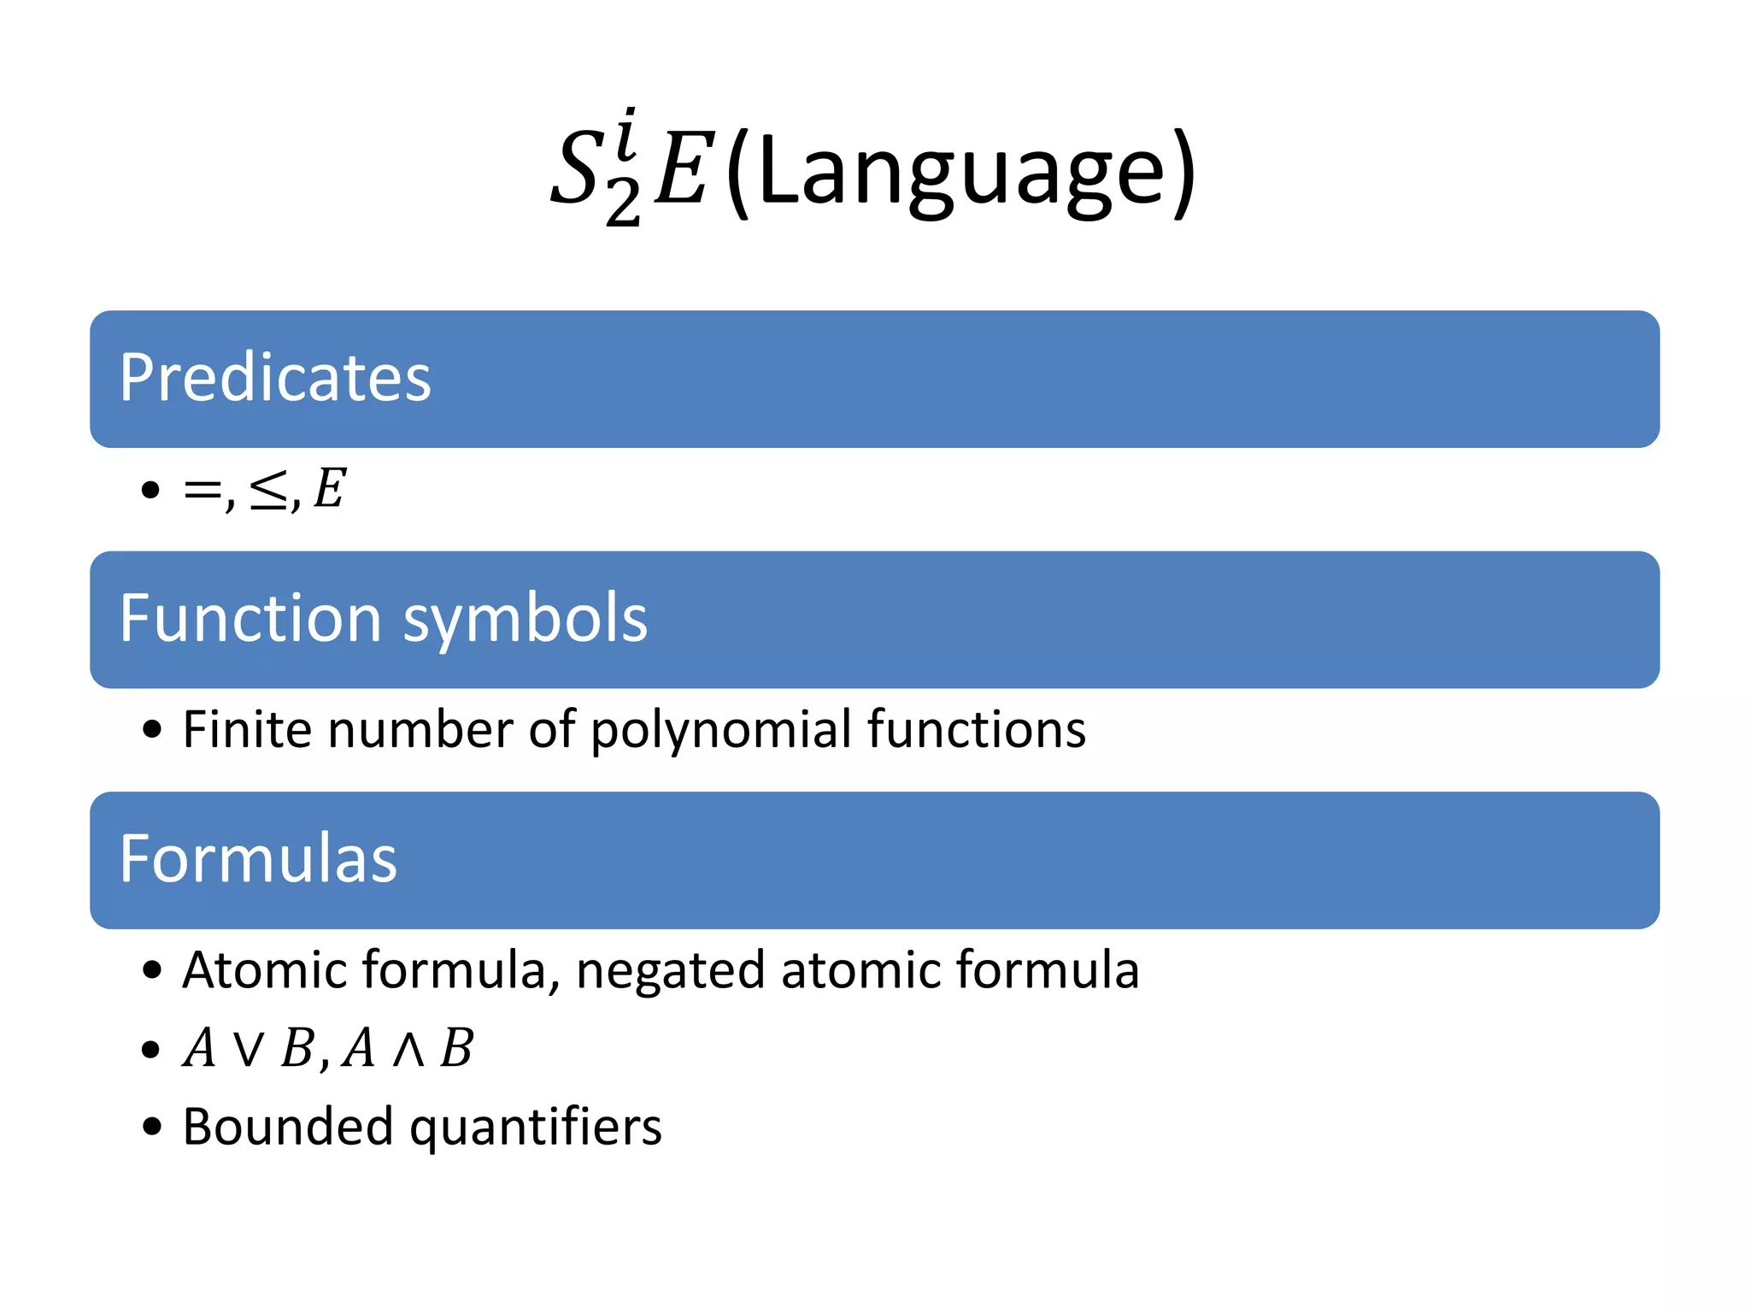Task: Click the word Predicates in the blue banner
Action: pyautogui.click(x=275, y=378)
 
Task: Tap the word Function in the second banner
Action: pyautogui.click(x=250, y=618)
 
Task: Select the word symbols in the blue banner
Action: pyautogui.click(x=525, y=620)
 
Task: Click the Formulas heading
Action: pyautogui.click(x=258, y=859)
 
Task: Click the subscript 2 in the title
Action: pyautogui.click(x=623, y=205)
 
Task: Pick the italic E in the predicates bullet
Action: pyautogui.click(x=329, y=489)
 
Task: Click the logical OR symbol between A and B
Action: pyautogui.click(x=249, y=1049)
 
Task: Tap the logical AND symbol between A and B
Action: pyautogui.click(x=408, y=1049)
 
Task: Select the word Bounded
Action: pyautogui.click(x=288, y=1127)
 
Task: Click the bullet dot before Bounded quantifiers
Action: pyautogui.click(x=152, y=1127)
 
